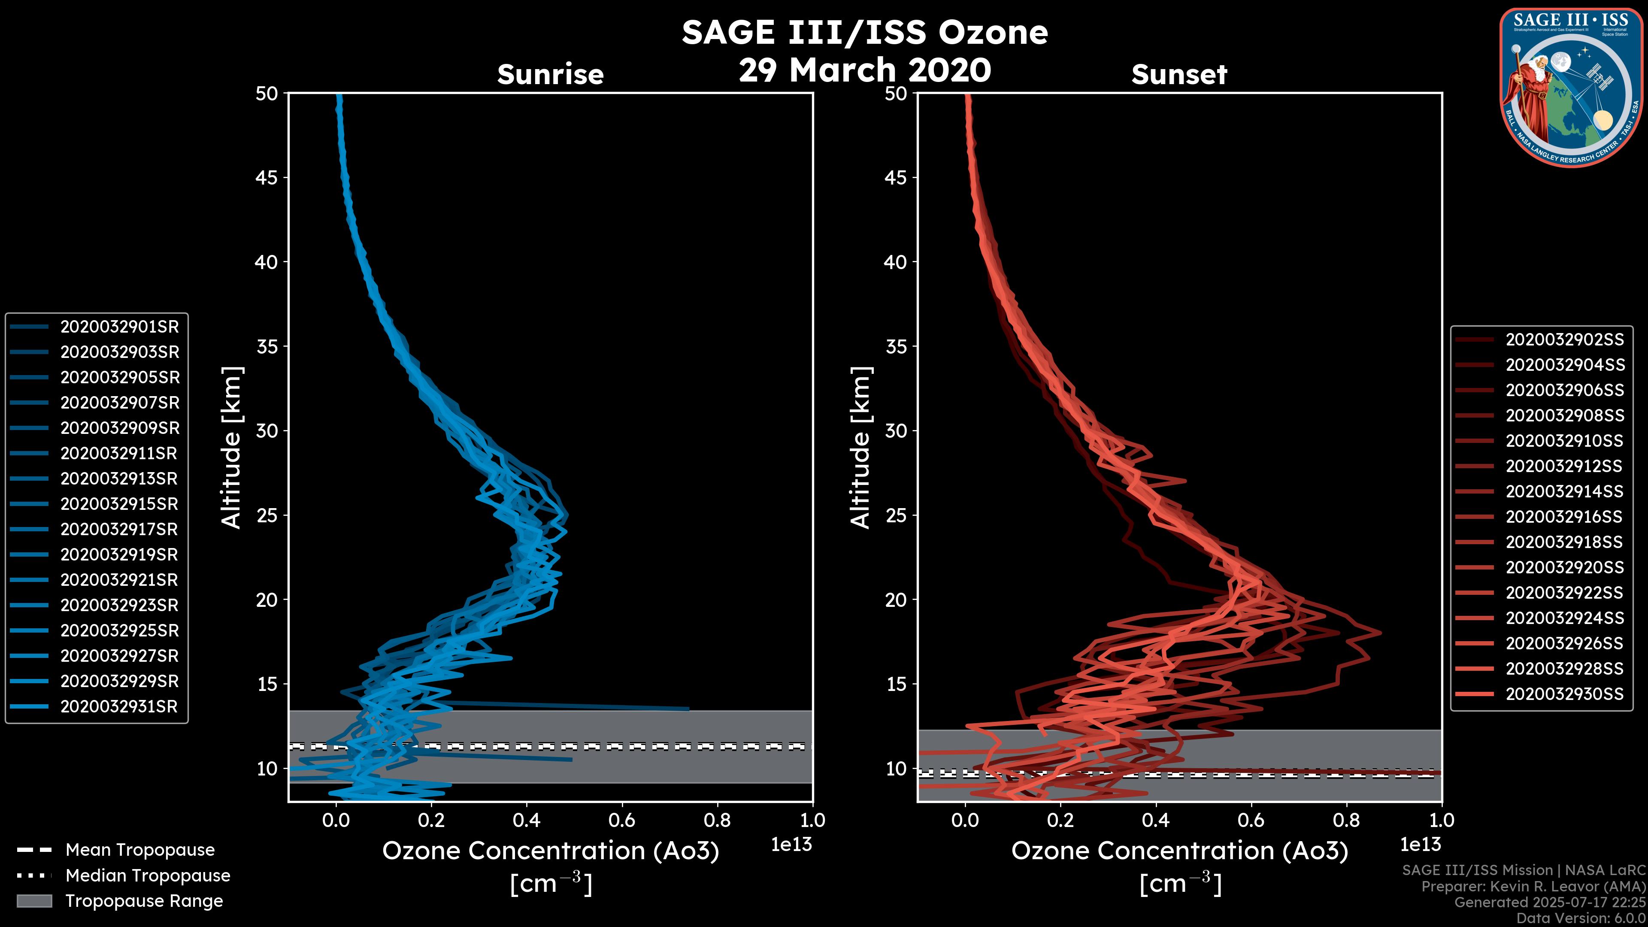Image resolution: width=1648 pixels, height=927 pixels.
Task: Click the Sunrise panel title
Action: coord(550,74)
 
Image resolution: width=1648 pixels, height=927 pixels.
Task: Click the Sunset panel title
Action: coord(1179,74)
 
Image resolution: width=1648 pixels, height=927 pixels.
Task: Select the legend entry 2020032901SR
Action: coord(119,327)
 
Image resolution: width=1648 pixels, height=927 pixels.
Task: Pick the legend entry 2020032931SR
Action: coord(119,706)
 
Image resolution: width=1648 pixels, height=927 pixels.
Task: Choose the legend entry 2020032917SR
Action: coord(119,529)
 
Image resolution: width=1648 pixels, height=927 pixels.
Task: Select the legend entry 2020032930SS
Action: coord(1564,694)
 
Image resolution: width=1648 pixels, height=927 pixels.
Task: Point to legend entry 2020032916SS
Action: coord(1564,516)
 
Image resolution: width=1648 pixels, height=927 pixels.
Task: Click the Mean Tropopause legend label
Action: coord(140,850)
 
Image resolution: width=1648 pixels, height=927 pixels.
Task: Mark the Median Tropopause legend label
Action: coord(148,875)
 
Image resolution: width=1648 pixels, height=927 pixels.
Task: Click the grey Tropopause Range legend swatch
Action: coord(34,901)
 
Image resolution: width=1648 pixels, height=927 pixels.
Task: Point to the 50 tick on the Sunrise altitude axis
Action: coord(267,94)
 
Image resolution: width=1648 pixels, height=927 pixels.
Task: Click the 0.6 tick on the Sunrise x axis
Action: coord(622,820)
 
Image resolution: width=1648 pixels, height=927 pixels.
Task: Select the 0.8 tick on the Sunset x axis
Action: coord(1346,820)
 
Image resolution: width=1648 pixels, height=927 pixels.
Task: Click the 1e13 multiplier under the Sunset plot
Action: coord(1420,845)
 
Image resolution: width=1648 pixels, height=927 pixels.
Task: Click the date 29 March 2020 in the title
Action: coord(865,70)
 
